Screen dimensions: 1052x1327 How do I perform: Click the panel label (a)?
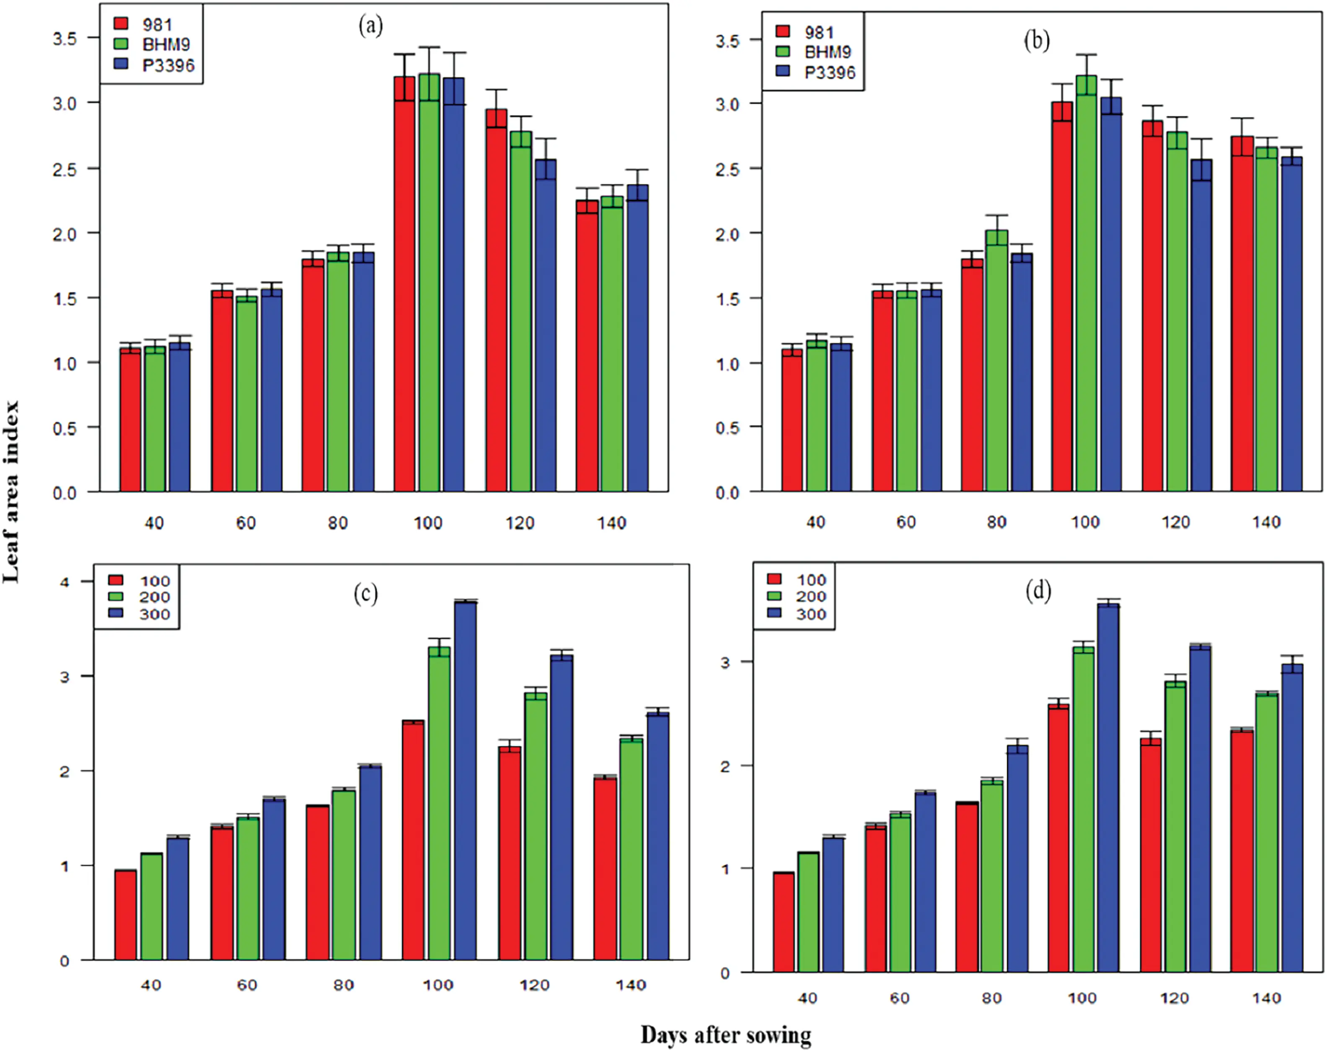[370, 26]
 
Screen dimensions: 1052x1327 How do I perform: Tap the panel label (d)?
[1038, 591]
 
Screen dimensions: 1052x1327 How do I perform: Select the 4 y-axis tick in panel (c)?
[65, 582]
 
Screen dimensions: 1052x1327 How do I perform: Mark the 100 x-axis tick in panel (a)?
[428, 523]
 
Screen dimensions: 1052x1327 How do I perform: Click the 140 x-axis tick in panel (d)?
[1266, 998]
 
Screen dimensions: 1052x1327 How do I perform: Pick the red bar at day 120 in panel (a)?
[496, 302]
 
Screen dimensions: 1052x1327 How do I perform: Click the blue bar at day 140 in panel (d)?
[1292, 819]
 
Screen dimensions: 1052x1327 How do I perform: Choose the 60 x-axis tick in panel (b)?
[905, 522]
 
